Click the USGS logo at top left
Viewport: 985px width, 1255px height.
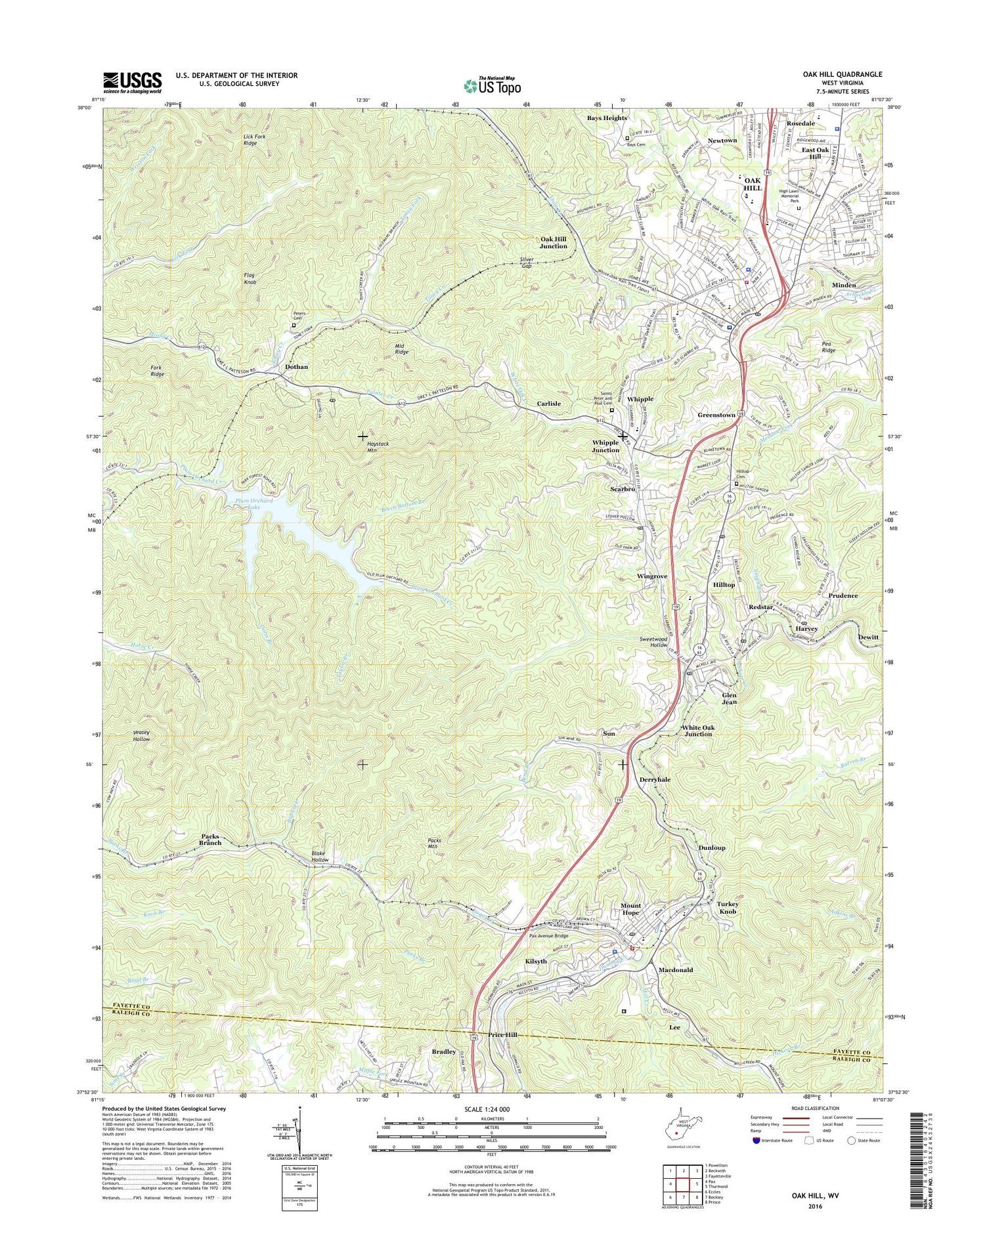pos(131,81)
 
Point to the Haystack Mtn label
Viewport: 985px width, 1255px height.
pos(378,447)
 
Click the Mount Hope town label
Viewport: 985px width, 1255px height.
pos(630,909)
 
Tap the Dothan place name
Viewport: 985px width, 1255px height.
pos(296,367)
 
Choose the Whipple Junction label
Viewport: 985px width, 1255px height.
pos(605,446)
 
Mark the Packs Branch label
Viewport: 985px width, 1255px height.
pos(209,841)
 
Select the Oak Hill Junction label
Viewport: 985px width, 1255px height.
pos(553,242)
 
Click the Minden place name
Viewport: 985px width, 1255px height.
pos(844,286)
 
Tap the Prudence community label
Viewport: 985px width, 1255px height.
pos(843,596)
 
